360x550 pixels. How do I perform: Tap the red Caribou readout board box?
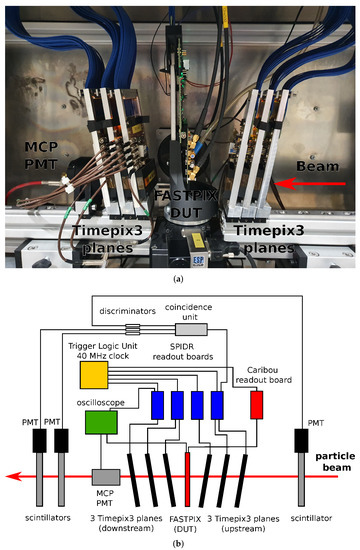click(x=259, y=405)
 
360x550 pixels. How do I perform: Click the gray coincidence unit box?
click(x=193, y=329)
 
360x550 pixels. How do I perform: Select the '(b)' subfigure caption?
click(x=179, y=541)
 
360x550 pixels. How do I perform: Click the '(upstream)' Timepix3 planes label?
click(x=246, y=522)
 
